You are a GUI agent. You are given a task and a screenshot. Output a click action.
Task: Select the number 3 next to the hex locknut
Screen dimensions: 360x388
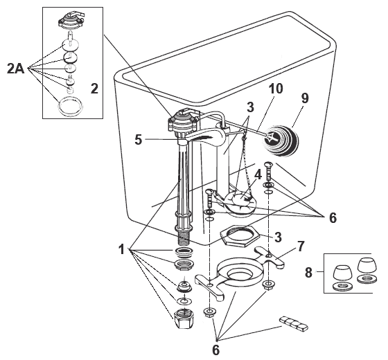pyautogui.click(x=276, y=237)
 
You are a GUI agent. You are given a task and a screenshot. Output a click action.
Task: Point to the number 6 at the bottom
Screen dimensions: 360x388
pyautogui.click(x=215, y=350)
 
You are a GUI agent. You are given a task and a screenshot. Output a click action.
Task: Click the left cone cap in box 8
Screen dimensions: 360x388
pyautogui.click(x=340, y=269)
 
